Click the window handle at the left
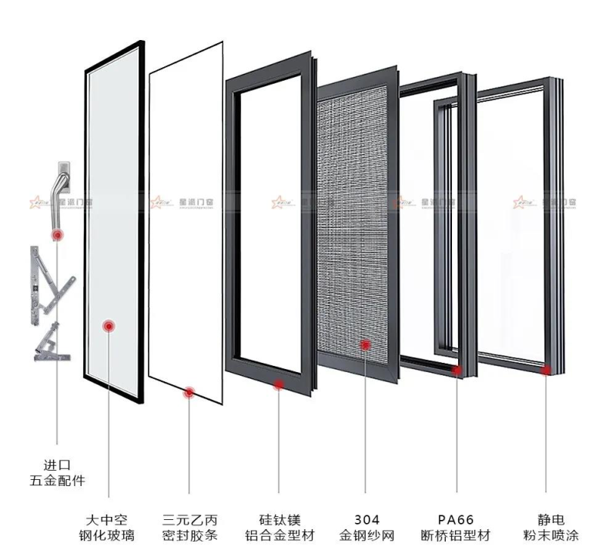pyautogui.click(x=62, y=193)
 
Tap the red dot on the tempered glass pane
pyautogui.click(x=109, y=327)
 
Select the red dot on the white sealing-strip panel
pyautogui.click(x=188, y=393)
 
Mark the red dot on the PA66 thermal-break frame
pyautogui.click(x=457, y=371)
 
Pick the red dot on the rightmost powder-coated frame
pyautogui.click(x=546, y=371)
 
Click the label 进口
pyautogui.click(x=57, y=464)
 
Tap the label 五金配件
pyautogui.click(x=57, y=481)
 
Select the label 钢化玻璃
pyautogui.click(x=108, y=535)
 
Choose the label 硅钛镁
pyautogui.click(x=277, y=519)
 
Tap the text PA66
pyautogui.click(x=455, y=519)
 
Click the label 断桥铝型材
pyautogui.click(x=455, y=535)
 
